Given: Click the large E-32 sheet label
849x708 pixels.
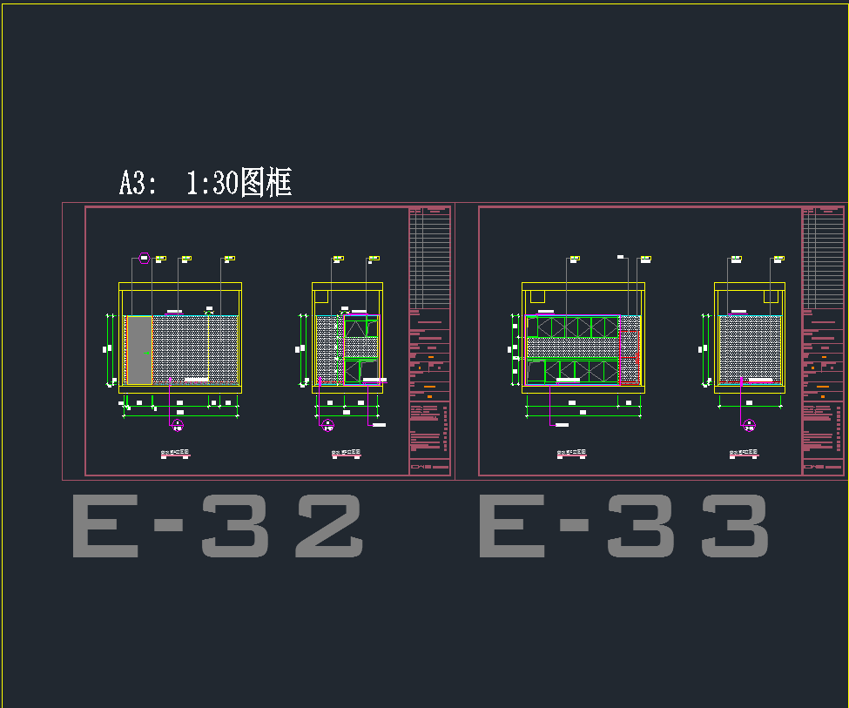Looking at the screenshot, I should (217, 526).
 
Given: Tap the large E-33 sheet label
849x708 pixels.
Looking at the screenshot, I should (623, 526).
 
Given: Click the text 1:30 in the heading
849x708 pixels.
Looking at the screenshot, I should (212, 183).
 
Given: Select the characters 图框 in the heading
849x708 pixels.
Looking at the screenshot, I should (266, 183).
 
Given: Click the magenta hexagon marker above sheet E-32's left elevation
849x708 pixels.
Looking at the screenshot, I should (145, 258).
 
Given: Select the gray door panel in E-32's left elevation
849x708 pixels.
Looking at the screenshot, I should (139, 350).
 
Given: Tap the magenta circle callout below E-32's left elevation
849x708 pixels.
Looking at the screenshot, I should (178, 425).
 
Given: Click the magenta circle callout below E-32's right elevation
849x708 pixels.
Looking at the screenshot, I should (327, 425).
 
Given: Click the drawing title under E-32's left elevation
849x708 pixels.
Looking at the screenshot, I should (175, 454).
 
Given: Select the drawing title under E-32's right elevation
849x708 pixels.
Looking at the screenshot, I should (347, 454).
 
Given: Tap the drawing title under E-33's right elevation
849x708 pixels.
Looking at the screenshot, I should (745, 454).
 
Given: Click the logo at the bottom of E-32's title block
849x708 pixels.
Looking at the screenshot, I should (421, 468).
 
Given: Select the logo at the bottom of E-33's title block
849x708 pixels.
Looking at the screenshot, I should (815, 468).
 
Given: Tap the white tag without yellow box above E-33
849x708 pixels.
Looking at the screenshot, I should (621, 257).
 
